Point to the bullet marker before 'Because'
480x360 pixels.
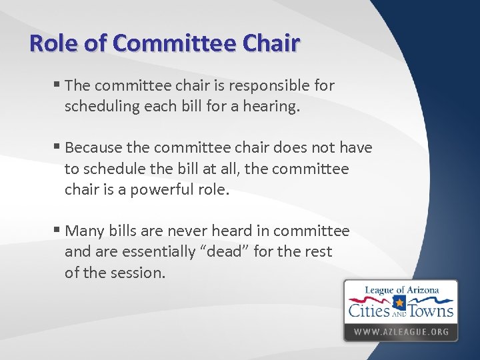click(57, 147)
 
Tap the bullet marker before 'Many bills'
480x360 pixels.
click(57, 231)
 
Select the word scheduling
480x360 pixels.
click(100, 106)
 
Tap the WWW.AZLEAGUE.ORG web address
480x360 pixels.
click(400, 331)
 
